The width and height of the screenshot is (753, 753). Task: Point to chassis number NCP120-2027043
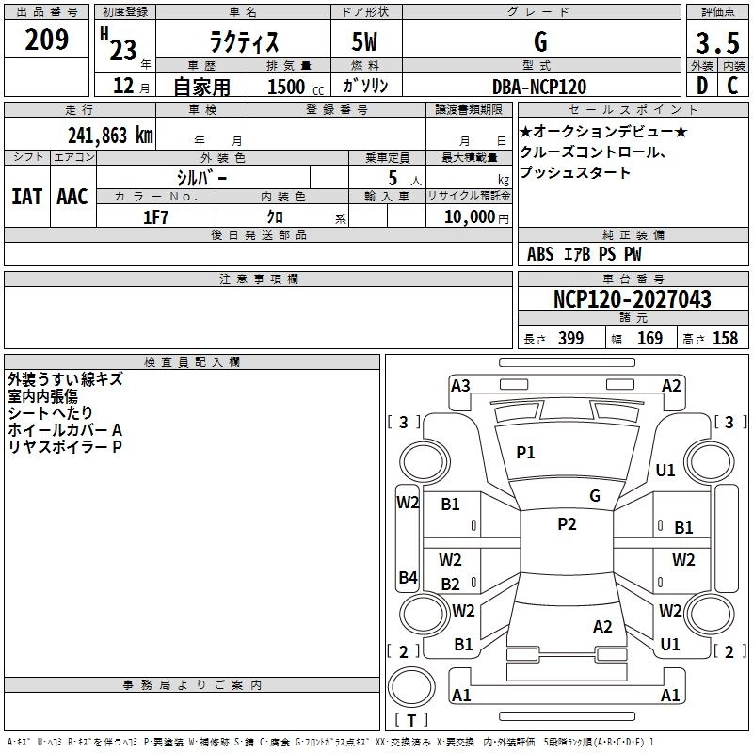click(x=633, y=299)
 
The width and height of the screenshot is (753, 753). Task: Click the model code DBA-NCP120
click(x=538, y=86)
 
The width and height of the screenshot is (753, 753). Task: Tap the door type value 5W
click(x=365, y=41)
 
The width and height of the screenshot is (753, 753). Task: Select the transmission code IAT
click(x=26, y=196)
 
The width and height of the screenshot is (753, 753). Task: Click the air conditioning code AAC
click(x=72, y=196)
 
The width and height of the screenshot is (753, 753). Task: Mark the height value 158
click(x=725, y=339)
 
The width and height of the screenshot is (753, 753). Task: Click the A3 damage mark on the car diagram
click(x=460, y=385)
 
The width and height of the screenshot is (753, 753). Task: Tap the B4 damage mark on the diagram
click(x=408, y=577)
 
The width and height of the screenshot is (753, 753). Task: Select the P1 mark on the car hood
click(x=525, y=453)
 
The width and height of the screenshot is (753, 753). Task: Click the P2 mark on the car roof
click(x=567, y=524)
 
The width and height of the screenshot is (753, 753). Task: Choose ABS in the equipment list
click(x=540, y=254)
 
